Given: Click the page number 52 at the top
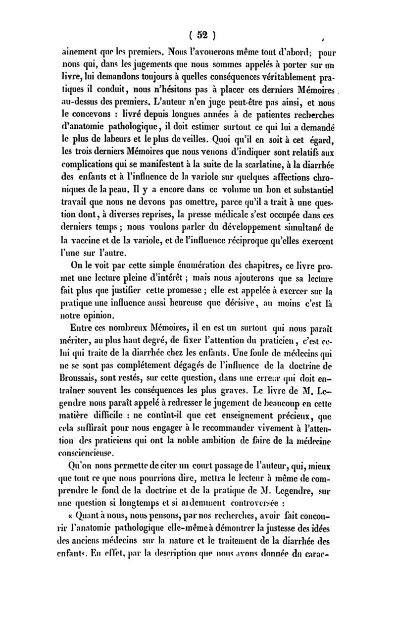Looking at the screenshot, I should click(201, 35).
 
